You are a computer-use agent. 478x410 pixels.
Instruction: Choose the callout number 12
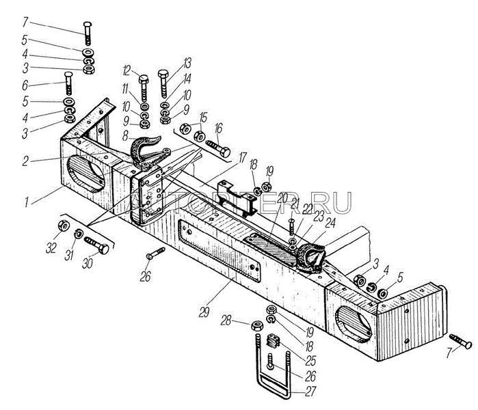[127, 70]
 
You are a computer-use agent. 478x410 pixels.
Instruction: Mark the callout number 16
[218, 128]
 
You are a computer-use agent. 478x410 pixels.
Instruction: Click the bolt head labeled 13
[164, 76]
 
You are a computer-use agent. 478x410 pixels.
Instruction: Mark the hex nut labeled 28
[252, 327]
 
